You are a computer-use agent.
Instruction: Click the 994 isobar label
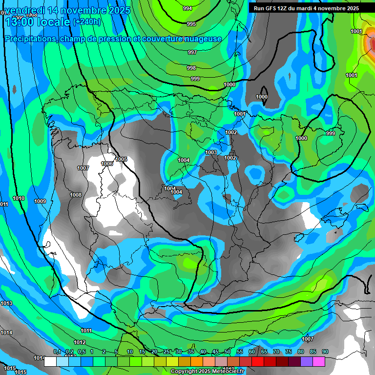point(187,8)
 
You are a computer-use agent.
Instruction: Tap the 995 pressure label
point(191,24)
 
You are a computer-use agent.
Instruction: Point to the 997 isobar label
point(192,52)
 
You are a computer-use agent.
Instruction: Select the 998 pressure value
point(191,68)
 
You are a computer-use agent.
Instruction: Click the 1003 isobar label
point(211,152)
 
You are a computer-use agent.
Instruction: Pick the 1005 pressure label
point(121,159)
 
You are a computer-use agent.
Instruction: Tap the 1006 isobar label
point(107,164)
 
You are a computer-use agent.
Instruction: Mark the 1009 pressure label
point(40,201)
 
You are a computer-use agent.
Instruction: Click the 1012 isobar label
point(80,342)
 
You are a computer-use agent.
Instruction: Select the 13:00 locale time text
point(37,22)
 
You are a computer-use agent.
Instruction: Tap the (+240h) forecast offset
point(86,22)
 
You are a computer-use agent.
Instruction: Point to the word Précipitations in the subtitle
point(29,39)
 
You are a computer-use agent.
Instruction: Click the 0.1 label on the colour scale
point(57,352)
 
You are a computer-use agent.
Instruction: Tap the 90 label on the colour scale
point(325,352)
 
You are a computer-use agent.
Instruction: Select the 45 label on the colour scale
point(215,352)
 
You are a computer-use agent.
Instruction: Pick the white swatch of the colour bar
point(50,361)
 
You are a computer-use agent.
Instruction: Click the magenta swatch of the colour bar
point(319,361)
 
